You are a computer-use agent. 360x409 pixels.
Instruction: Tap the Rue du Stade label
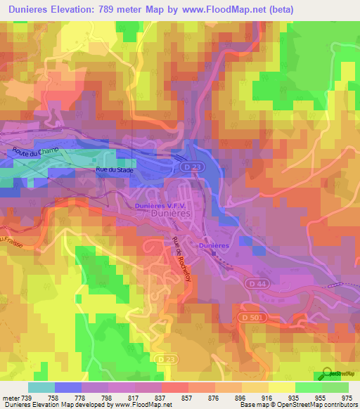[x=114, y=169]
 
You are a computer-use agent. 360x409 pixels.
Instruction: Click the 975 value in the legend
[x=346, y=397]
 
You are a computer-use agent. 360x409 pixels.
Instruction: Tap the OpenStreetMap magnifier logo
[x=326, y=374]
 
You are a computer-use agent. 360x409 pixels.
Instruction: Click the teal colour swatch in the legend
[x=41, y=387]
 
